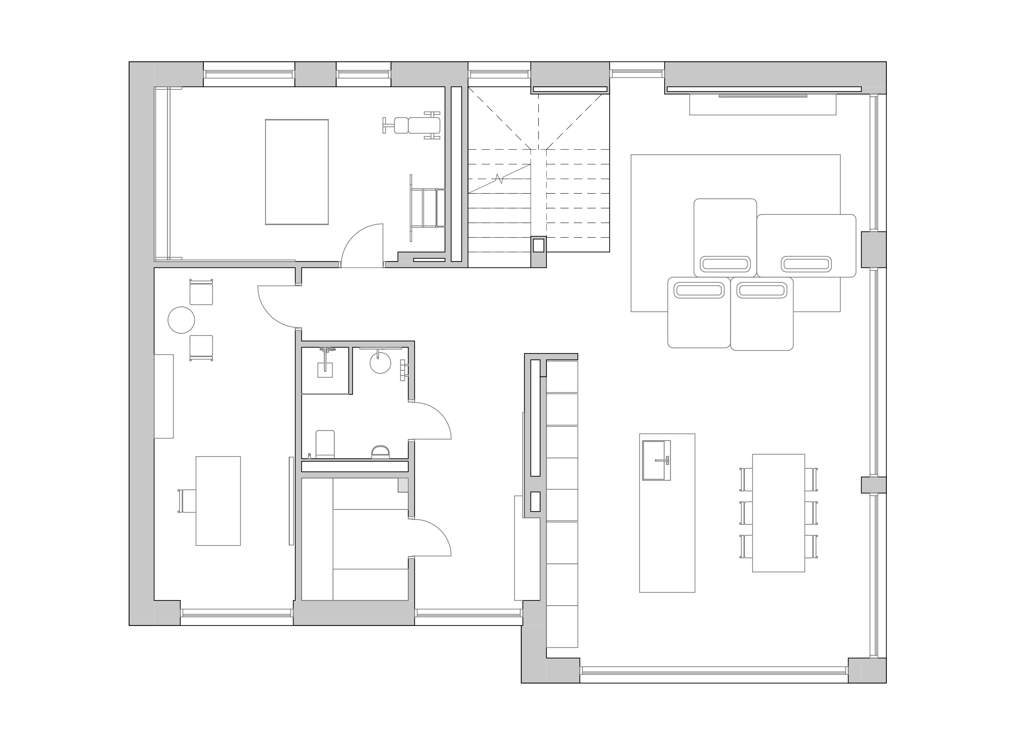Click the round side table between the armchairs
(x=181, y=320)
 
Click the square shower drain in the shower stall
(x=325, y=370)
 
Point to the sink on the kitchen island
(x=656, y=460)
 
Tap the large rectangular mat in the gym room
(x=297, y=172)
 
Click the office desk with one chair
(x=218, y=501)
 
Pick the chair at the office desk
(x=187, y=501)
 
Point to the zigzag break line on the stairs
(x=500, y=179)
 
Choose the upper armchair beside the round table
(x=201, y=293)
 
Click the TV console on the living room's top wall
(x=762, y=105)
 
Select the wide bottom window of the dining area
(x=714, y=683)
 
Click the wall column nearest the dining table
(x=873, y=485)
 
